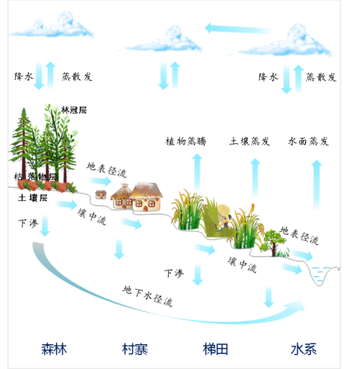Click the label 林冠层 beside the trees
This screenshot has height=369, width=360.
[74, 110]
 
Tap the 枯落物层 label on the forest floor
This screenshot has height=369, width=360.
[35, 177]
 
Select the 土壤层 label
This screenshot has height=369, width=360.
[33, 198]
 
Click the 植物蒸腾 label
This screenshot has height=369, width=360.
[186, 141]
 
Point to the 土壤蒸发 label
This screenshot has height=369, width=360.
[250, 141]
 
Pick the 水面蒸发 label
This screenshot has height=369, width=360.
[308, 141]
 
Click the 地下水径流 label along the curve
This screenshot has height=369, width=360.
[148, 296]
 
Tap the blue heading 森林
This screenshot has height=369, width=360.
[54, 349]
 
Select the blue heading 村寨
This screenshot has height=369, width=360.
[135, 349]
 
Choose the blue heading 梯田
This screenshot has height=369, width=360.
[215, 349]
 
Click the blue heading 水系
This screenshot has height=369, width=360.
[304, 349]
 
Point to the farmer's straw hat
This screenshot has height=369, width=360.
[224, 210]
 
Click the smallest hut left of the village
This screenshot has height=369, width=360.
[101, 194]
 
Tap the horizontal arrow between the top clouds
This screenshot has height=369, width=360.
[238, 29]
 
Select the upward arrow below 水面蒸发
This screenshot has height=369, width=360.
[317, 185]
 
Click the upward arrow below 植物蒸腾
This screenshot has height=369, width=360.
[197, 173]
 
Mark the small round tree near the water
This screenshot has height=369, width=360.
[273, 242]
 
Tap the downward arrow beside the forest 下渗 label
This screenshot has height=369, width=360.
[45, 226]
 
